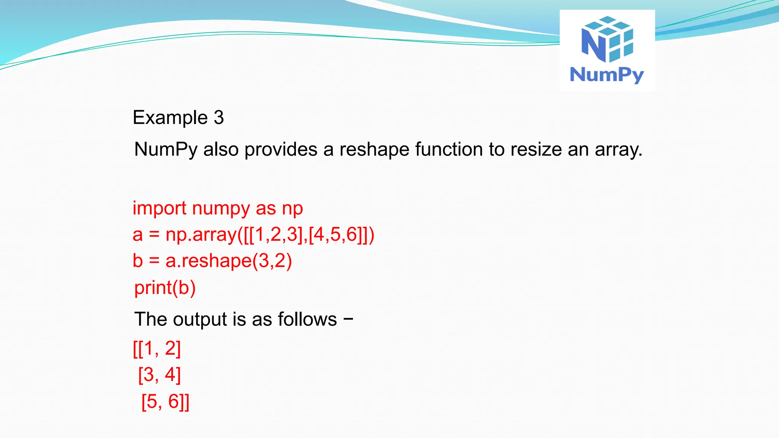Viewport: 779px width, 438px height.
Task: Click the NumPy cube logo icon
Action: (x=607, y=39)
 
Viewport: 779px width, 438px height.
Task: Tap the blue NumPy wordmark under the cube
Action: (x=607, y=75)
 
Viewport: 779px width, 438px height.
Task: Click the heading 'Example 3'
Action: (x=178, y=117)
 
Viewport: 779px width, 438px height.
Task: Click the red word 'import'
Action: (x=159, y=209)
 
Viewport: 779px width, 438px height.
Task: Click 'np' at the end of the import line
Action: (x=292, y=209)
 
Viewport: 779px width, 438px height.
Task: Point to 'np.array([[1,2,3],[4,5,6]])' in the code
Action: (x=270, y=235)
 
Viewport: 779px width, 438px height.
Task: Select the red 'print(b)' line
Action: (x=165, y=288)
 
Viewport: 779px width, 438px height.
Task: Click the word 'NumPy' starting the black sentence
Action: (x=165, y=149)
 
